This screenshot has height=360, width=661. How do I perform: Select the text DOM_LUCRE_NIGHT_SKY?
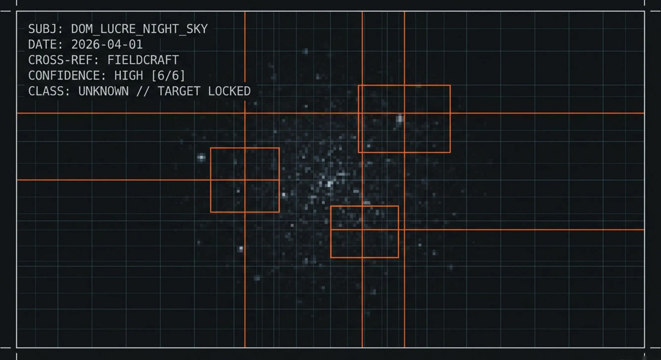point(139,29)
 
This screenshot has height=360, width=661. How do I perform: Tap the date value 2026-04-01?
point(107,44)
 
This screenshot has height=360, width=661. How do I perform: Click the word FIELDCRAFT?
point(143,60)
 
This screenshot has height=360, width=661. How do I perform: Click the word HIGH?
point(128,75)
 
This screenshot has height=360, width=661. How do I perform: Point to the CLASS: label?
point(49,91)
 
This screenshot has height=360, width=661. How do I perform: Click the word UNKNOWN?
point(103,91)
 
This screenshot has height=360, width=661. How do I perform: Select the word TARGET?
point(179,91)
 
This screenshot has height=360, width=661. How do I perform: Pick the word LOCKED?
point(229,91)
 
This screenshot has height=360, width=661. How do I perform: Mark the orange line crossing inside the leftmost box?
point(245,180)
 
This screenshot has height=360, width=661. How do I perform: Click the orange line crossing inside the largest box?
point(404,113)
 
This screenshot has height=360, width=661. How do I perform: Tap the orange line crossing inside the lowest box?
point(362,230)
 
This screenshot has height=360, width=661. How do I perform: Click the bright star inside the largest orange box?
point(400,119)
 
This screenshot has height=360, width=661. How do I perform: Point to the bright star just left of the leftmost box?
point(201,158)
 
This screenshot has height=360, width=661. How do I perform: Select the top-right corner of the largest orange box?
point(450,85)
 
